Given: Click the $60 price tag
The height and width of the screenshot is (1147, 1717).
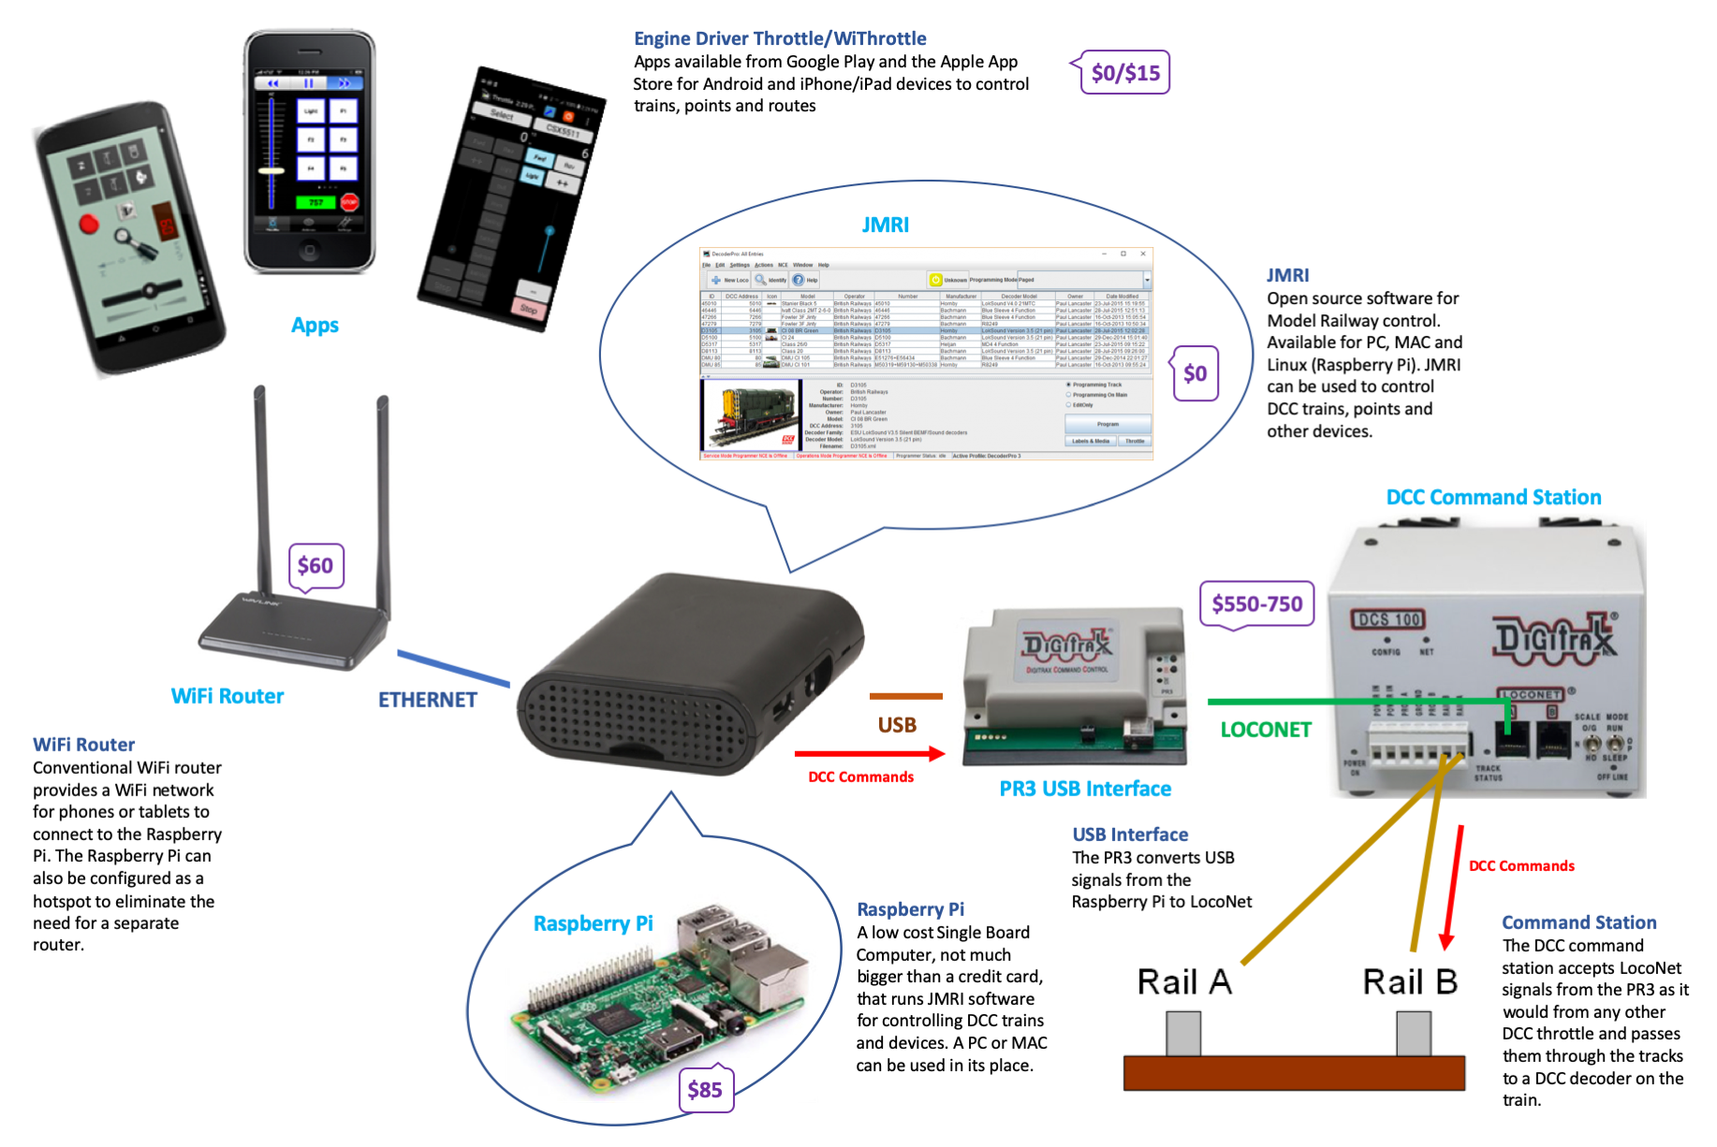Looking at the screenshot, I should coord(316,565).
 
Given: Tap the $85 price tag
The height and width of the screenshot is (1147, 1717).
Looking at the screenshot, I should coord(705,1090).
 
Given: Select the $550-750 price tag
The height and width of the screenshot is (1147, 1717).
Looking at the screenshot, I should coord(1256,604).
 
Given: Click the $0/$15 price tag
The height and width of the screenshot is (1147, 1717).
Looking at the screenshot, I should coord(1125,73).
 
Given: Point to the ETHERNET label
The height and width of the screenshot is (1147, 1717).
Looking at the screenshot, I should coord(428,700).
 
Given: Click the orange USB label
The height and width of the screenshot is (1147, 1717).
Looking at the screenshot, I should coord(897,725).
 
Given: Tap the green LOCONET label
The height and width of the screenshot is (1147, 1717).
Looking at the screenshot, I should coord(1266,730).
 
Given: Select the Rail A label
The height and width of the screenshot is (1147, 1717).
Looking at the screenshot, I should coord(1184,982).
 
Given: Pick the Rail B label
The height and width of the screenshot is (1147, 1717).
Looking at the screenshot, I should coord(1410,982).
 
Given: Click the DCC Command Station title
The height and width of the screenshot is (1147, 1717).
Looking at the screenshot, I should coord(1493,497).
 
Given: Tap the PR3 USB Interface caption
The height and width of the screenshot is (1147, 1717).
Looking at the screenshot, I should coord(1085,789).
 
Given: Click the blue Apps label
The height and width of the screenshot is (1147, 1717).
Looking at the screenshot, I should coord(315,326).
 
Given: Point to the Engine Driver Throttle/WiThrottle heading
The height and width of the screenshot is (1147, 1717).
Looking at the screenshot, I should coord(780,38).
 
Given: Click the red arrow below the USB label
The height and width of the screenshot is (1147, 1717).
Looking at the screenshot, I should coord(869,753).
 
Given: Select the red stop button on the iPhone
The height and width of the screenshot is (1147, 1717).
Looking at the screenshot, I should coord(349,202).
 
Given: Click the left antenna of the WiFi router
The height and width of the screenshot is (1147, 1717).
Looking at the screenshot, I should coord(261,486).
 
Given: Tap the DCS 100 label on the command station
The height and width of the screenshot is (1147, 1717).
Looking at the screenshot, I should coord(1389,619).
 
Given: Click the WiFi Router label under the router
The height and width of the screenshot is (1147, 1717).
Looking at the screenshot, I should coord(227,696).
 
